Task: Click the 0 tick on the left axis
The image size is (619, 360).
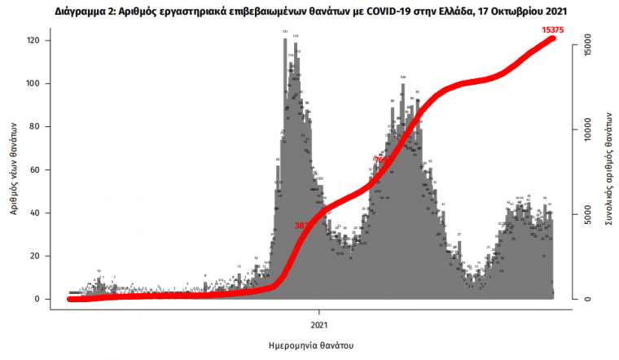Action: point(50,300)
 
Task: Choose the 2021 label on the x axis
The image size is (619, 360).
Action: point(318,313)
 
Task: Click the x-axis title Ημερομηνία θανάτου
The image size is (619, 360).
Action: point(309,345)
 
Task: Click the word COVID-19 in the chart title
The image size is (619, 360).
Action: point(369,12)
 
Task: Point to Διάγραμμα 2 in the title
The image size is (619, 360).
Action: point(86,12)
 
